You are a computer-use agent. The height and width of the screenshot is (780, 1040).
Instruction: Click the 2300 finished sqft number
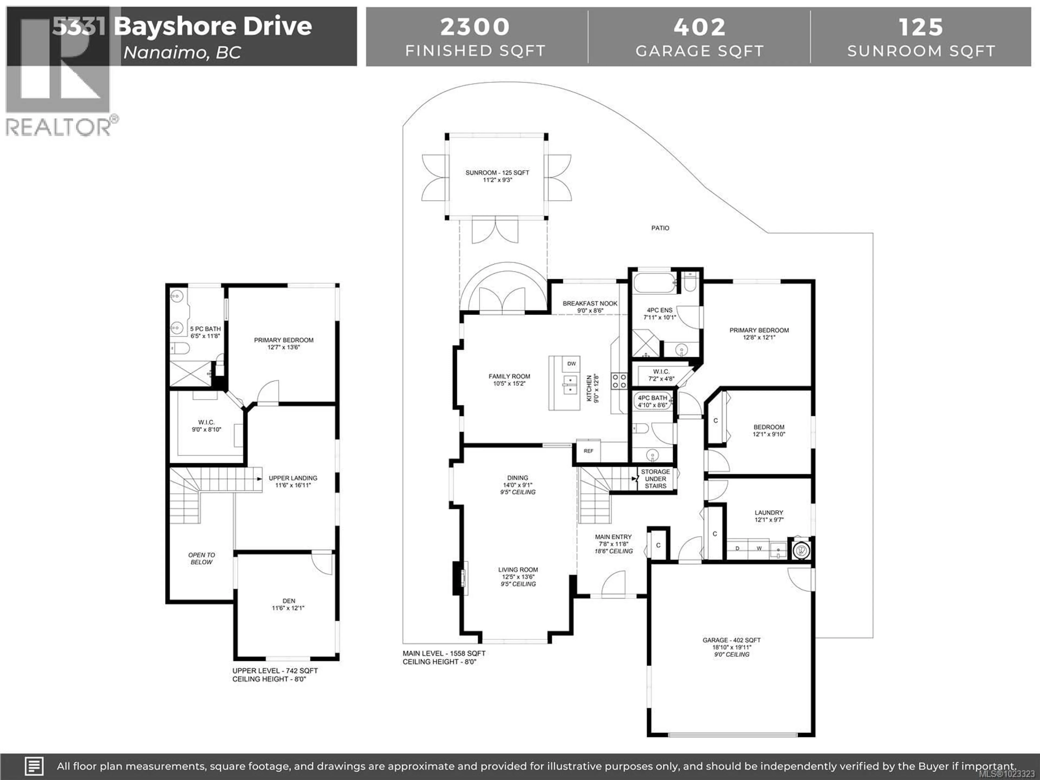click(475, 27)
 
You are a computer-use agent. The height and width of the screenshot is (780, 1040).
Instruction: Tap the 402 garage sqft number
click(700, 27)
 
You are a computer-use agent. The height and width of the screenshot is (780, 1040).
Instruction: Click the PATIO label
click(660, 228)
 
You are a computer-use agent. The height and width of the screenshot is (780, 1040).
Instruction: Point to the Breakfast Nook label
click(590, 304)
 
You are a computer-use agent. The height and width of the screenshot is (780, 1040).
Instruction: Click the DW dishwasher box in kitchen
click(571, 363)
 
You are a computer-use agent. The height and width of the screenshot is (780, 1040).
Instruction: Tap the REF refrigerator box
click(589, 451)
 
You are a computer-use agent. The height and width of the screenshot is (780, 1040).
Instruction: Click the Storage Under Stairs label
click(655, 479)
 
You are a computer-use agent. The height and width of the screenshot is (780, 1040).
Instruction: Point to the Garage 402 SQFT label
click(731, 640)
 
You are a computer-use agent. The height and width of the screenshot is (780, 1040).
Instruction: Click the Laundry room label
click(769, 513)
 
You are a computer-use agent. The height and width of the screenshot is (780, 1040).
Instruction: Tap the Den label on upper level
click(289, 601)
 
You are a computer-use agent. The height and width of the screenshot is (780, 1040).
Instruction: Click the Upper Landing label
click(293, 478)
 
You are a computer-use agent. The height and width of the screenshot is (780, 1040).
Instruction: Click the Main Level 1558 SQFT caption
click(444, 654)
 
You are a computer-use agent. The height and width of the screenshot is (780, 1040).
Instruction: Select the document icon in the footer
click(34, 766)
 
